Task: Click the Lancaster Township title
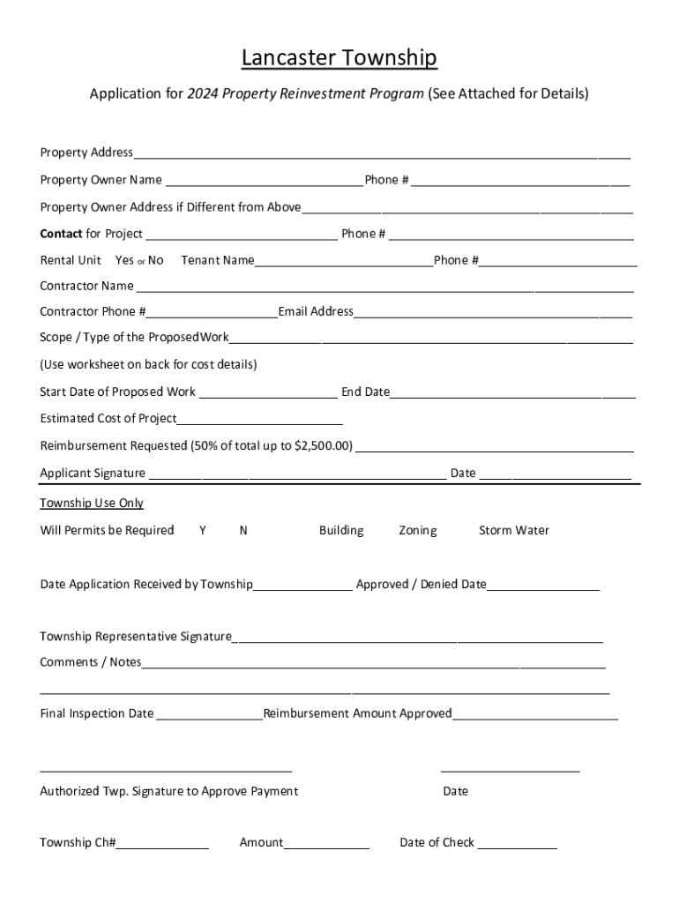point(339,58)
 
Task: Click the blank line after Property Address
point(382,153)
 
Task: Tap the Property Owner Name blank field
point(264,181)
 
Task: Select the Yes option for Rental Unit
point(124,260)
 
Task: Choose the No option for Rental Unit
point(156,260)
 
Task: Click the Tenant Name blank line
point(343,261)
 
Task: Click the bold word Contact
point(61,234)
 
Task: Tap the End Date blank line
point(512,392)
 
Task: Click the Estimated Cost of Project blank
point(259,419)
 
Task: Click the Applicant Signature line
point(297,474)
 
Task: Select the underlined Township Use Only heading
point(92,503)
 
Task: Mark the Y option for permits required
point(203,530)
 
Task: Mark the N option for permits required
point(243,530)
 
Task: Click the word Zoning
point(417,530)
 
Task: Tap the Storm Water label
point(513,530)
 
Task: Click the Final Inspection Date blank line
point(210,714)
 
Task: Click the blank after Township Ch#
point(162,843)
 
